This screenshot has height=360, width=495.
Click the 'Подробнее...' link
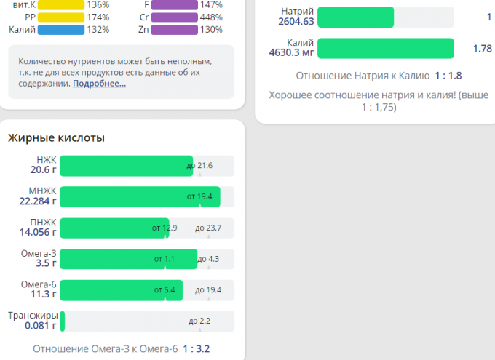(99, 84)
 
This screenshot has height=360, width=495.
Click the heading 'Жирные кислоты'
(56, 137)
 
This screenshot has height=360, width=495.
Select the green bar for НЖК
(125, 166)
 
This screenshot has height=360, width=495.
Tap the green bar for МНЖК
(138, 196)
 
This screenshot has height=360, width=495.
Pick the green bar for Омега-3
(127, 259)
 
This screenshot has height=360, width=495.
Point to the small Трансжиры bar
(63, 321)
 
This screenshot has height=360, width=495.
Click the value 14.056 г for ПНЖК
(38, 233)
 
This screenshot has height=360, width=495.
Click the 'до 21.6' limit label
(199, 166)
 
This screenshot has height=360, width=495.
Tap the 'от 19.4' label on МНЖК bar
(199, 196)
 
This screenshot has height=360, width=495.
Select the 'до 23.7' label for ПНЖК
(208, 228)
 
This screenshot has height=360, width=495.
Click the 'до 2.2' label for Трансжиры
(199, 321)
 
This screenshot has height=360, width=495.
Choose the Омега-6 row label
(39, 284)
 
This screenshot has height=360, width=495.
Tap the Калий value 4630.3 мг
(296, 53)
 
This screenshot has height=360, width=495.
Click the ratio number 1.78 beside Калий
(482, 49)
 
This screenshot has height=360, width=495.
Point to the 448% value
(211, 17)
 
